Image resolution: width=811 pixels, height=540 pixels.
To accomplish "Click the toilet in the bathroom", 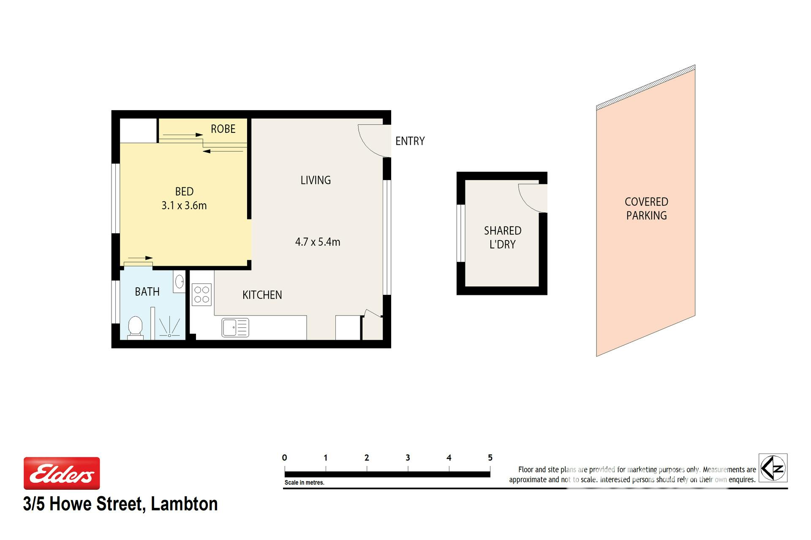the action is coord(135,327).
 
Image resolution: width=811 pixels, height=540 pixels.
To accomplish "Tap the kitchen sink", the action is coord(235,328).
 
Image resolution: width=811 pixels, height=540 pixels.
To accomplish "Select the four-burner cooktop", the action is coord(201,294).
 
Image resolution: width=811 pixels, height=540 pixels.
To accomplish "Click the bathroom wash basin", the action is coord(180,281).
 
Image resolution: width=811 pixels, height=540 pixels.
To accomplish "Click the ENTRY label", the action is coord(410,141).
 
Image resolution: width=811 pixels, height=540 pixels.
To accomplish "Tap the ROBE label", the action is coord(223,129).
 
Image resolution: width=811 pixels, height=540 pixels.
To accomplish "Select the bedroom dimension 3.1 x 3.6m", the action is coord(184,205).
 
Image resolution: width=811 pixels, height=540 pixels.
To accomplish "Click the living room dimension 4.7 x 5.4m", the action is coord(318,242).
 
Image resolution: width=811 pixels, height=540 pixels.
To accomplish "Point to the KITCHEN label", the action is coord(262,295).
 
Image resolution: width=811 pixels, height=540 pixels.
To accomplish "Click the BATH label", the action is coord(147,292).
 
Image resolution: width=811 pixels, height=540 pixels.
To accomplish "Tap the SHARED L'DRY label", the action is coord(503,238).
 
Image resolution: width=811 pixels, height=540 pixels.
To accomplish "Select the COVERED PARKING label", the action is coord(646,209).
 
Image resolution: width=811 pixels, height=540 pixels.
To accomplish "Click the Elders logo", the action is coord(62,473).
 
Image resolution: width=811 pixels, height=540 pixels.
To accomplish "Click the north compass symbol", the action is coord(773,468).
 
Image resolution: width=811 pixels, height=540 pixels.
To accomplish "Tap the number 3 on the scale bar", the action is coord(408,458).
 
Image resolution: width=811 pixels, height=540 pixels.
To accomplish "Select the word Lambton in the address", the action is coord(184,504).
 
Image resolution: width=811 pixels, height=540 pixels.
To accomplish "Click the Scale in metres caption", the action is coord(304,483).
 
